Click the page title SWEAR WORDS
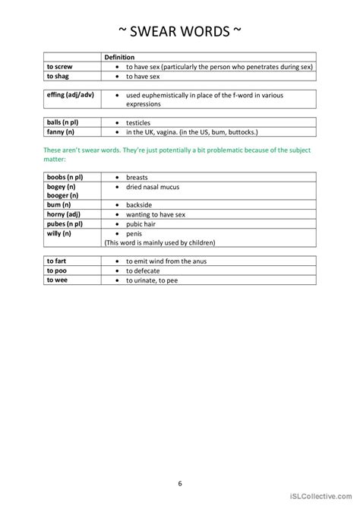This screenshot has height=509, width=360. pos(180,31)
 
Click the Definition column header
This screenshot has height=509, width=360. pos(119,57)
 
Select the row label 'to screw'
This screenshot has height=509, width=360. pos(60,67)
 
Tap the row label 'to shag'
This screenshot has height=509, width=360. pos(58,77)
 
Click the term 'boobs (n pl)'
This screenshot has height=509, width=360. pos(65,177)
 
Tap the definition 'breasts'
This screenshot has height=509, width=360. pos(137,177)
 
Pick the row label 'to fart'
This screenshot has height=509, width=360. pos(57,261)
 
